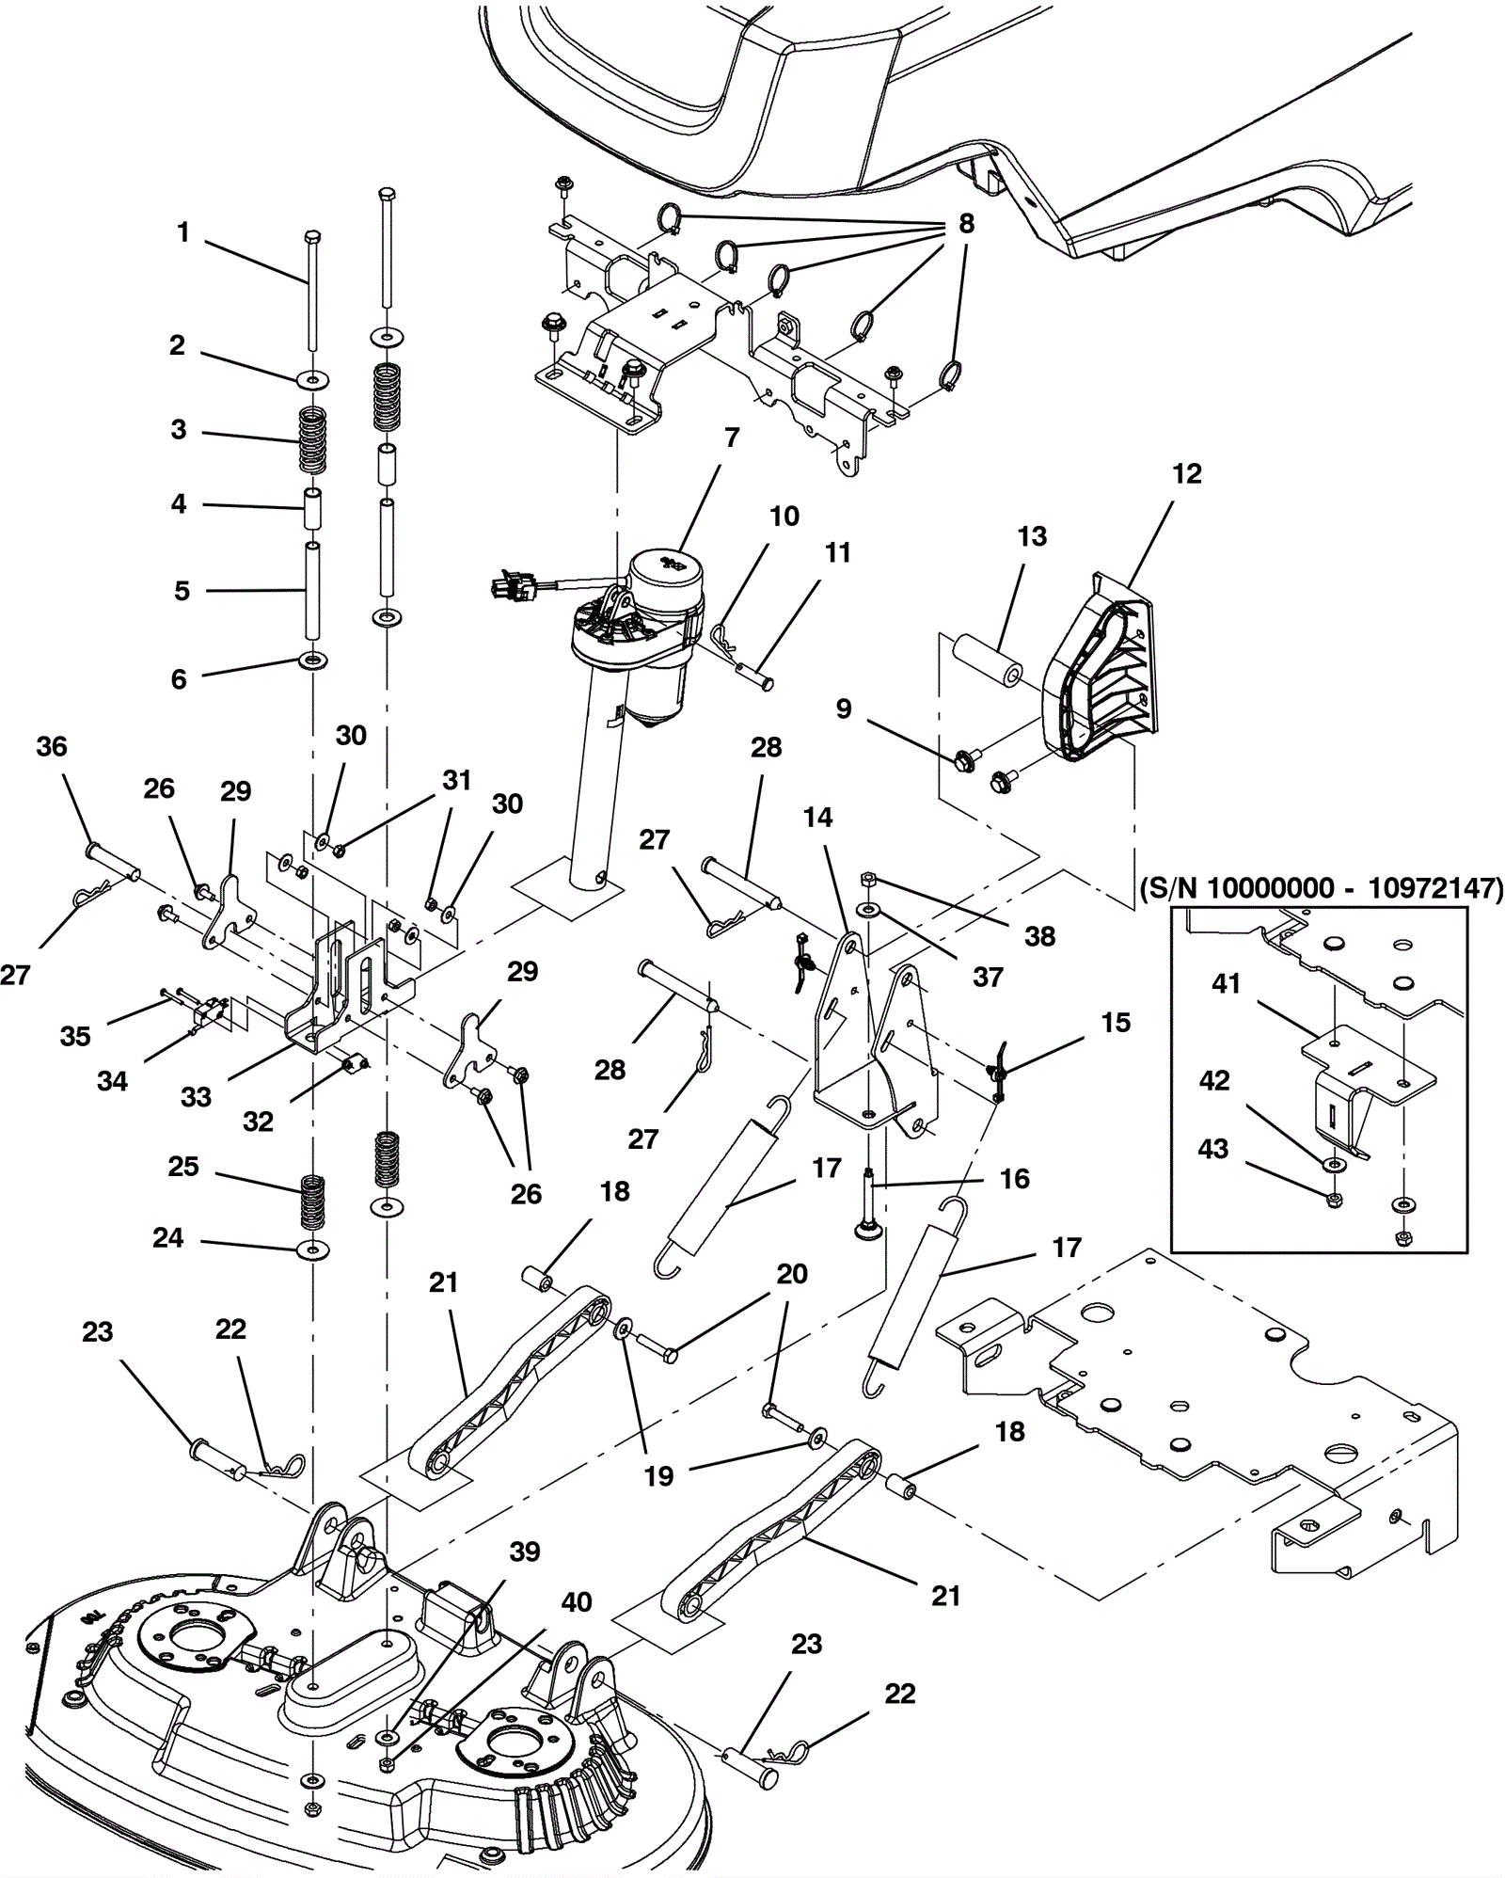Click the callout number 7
[732, 438]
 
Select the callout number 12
[1186, 474]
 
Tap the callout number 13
[1032, 536]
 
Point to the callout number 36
[52, 747]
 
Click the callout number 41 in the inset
[1227, 984]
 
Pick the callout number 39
[525, 1552]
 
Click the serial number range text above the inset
[1321, 888]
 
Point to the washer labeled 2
[312, 379]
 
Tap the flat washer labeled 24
[311, 1251]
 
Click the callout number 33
[196, 1097]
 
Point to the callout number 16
[1014, 1179]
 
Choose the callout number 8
[966, 224]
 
